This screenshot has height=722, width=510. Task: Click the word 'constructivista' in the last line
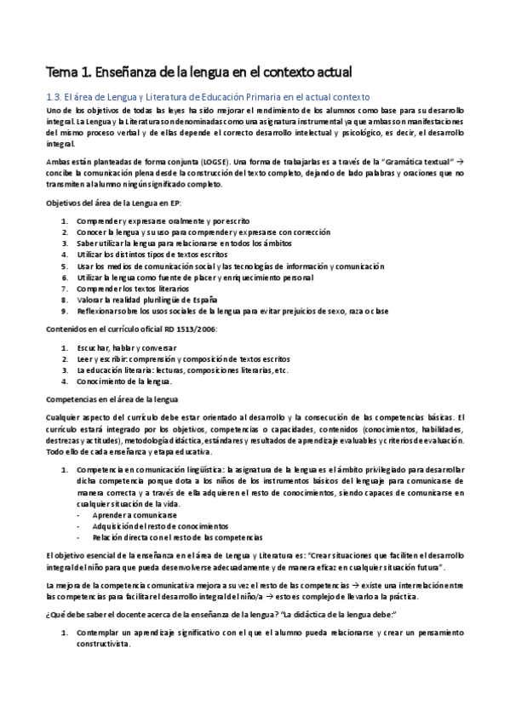pos(103,645)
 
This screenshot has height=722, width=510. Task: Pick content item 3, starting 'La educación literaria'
pos(181,370)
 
